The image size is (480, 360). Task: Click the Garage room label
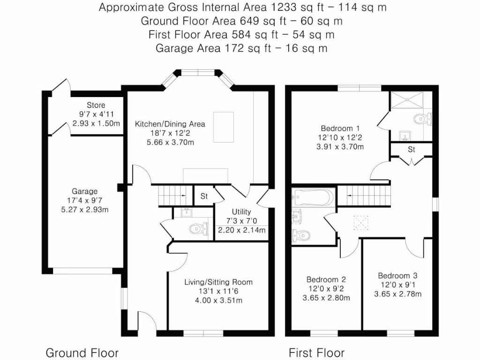85,191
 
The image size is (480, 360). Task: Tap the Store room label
96,105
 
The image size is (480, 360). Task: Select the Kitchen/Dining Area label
170,124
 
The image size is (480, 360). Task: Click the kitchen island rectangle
223,127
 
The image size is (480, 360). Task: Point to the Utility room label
241,212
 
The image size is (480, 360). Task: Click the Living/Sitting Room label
218,282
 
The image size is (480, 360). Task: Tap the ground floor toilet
197,229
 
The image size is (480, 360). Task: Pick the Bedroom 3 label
397,276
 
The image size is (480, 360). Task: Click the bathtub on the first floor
313,197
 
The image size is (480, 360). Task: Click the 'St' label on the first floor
412,150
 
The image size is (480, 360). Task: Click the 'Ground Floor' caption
82,353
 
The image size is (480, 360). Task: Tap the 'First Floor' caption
316,353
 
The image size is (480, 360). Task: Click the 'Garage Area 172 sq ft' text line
241,48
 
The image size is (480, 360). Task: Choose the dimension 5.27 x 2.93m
85,209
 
